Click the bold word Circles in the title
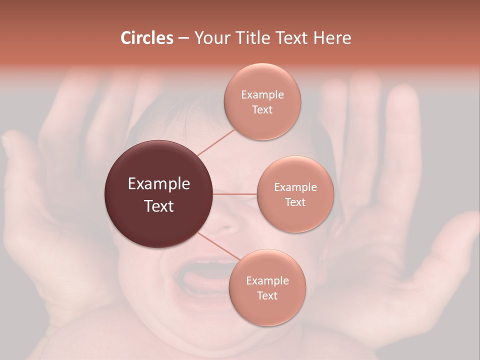(147, 38)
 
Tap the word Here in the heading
(332, 38)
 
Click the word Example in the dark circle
(158, 184)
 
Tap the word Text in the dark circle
(158, 206)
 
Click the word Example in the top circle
(262, 95)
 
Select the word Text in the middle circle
(295, 202)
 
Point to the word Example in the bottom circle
(267, 280)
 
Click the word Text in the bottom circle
(267, 295)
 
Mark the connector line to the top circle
(216, 142)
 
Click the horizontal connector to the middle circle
(235, 194)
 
